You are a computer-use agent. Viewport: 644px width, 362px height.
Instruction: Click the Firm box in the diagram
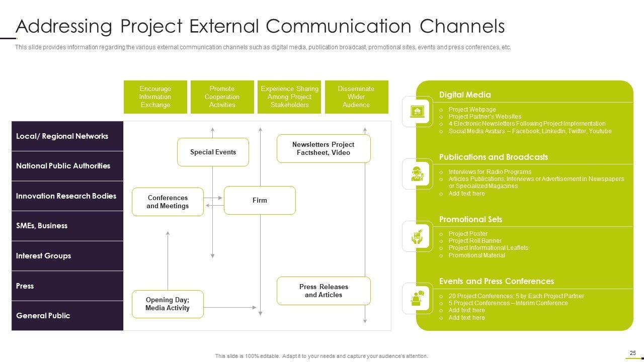pyautogui.click(x=260, y=200)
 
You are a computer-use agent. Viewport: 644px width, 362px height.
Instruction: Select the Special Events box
pyautogui.click(x=213, y=152)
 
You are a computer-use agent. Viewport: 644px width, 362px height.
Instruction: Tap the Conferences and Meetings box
pyautogui.click(x=168, y=202)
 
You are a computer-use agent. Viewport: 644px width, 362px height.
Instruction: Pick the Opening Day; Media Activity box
pyautogui.click(x=168, y=304)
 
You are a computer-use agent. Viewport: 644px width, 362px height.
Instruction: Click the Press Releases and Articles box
pyautogui.click(x=324, y=291)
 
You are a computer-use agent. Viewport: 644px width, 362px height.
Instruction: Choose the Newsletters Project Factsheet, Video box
pyautogui.click(x=324, y=148)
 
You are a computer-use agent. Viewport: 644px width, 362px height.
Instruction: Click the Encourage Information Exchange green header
pyautogui.click(x=155, y=97)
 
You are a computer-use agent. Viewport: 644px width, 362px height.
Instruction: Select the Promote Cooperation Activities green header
pyautogui.click(x=222, y=97)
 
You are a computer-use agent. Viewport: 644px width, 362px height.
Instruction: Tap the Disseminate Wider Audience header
pyautogui.click(x=356, y=97)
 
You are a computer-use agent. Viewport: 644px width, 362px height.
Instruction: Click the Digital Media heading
pyautogui.click(x=465, y=95)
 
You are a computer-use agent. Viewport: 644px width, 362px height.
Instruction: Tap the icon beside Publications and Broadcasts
pyautogui.click(x=418, y=174)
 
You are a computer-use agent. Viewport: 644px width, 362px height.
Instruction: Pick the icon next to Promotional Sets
pyautogui.click(x=418, y=236)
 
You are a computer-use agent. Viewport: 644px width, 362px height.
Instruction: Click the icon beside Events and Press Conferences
pyautogui.click(x=418, y=299)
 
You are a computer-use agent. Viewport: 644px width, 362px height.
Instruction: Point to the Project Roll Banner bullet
pyautogui.click(x=475, y=241)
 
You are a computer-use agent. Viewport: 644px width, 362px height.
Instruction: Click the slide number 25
pyautogui.click(x=632, y=353)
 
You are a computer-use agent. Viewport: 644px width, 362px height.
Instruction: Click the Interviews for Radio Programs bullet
pyautogui.click(x=490, y=172)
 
